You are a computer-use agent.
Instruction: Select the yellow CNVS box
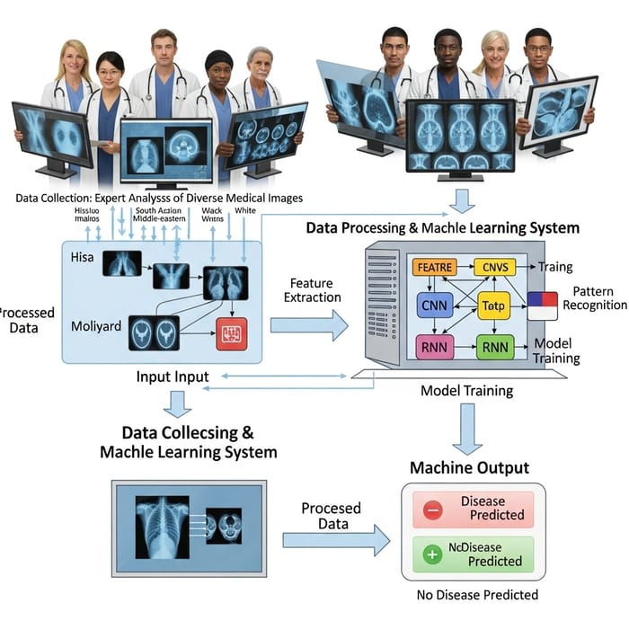(x=493, y=267)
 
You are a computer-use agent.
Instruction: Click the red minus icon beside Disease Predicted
(x=433, y=509)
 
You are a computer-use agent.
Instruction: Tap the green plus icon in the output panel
(x=433, y=554)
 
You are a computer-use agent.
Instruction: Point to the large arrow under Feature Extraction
(x=309, y=324)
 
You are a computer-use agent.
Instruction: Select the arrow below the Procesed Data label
(x=336, y=540)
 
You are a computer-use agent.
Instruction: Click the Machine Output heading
(x=469, y=467)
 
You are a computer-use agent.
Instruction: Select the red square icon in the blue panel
(x=230, y=332)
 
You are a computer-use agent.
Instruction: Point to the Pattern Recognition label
(x=593, y=298)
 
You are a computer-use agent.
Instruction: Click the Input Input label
(x=173, y=376)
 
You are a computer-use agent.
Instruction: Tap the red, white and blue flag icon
(x=542, y=306)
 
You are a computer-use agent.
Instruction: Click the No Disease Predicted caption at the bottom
(x=478, y=595)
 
